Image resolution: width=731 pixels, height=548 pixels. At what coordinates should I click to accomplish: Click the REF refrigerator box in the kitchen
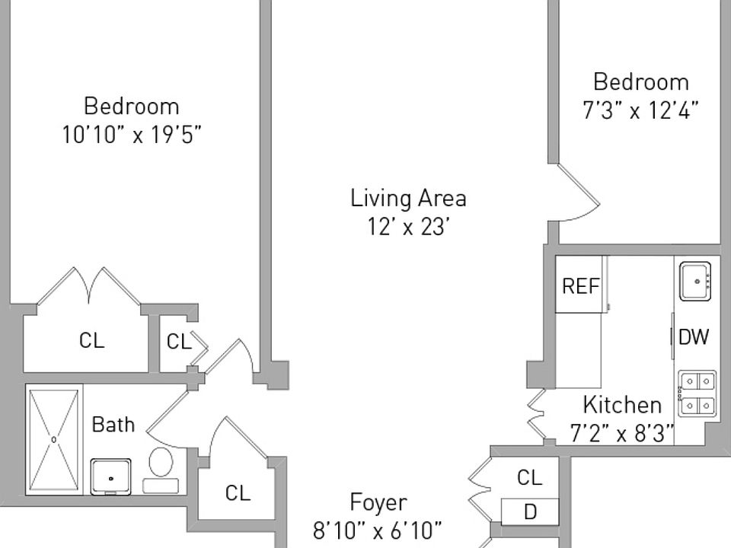tap(581, 285)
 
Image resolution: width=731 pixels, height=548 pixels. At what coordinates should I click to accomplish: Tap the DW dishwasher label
tap(694, 336)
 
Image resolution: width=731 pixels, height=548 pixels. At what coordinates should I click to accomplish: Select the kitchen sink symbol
tap(695, 280)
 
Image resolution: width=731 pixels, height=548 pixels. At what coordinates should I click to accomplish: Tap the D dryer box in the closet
tap(530, 511)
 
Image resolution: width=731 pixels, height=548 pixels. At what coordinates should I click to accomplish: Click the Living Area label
tap(408, 199)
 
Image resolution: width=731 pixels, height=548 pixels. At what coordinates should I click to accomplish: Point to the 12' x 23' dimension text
tap(408, 228)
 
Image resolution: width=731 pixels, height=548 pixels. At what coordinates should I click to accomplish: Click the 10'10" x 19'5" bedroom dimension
tap(132, 135)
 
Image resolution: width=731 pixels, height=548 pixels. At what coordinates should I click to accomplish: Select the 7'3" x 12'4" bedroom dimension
tap(641, 110)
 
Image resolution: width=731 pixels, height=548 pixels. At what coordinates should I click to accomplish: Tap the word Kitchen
tap(622, 404)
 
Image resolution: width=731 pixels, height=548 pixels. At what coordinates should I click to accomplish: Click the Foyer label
tap(378, 502)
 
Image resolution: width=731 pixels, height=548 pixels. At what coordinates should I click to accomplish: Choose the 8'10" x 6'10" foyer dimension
tap(378, 530)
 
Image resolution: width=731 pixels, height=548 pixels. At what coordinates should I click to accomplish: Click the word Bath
tap(113, 424)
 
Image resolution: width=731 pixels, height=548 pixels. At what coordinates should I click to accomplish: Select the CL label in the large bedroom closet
tap(91, 340)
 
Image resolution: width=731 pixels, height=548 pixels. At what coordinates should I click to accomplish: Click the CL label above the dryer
tap(529, 477)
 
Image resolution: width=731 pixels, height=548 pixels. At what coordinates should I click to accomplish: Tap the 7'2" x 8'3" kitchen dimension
tap(622, 433)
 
